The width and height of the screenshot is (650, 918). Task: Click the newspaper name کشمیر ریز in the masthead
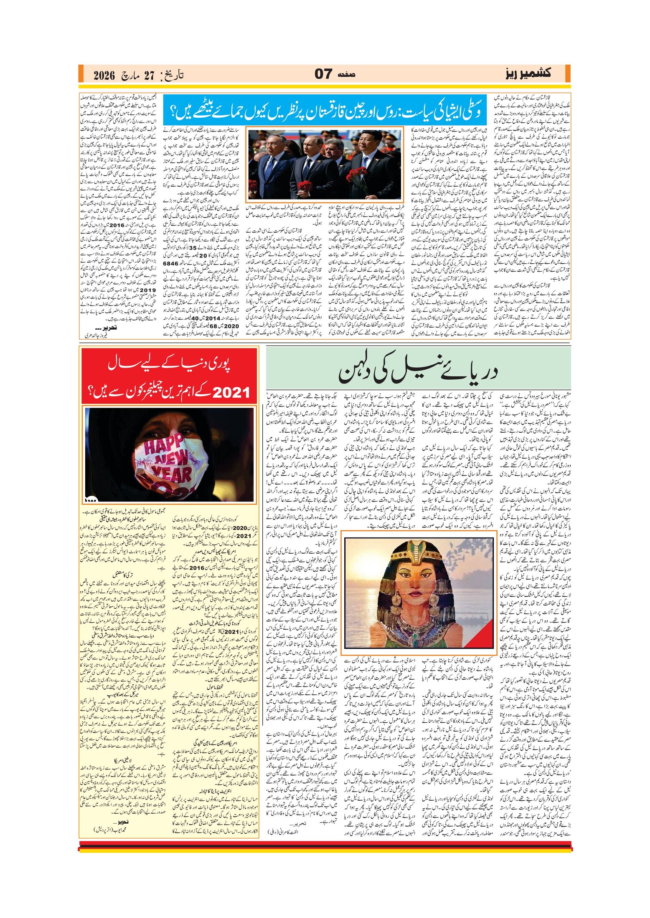528,73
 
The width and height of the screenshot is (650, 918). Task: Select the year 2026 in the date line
104,76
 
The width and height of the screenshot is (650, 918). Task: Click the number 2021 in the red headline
231,392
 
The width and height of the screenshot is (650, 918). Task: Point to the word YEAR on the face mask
172,474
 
